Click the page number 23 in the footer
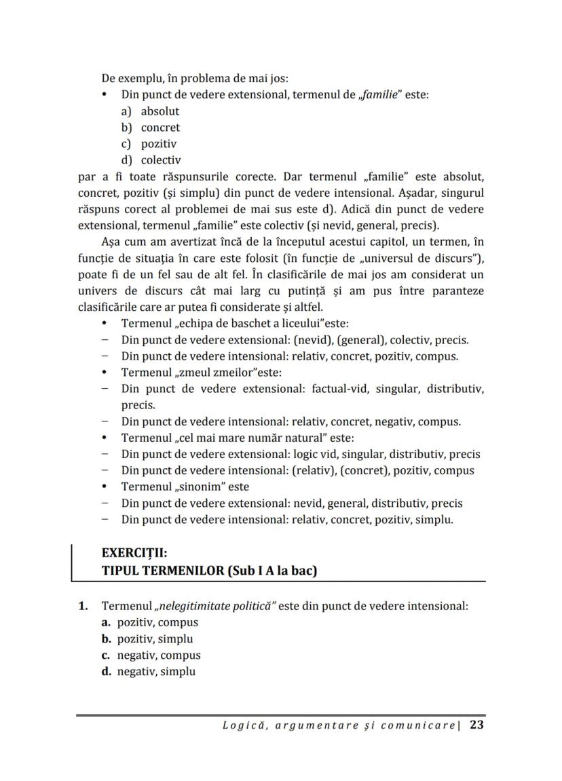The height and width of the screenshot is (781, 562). click(476, 725)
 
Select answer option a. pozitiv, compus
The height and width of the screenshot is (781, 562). click(150, 622)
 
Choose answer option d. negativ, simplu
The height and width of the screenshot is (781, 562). click(149, 672)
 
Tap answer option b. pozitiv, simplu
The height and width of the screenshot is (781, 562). click(147, 639)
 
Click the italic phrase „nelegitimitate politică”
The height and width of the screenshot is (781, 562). click(214, 605)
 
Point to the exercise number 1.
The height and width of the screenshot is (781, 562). click(82, 605)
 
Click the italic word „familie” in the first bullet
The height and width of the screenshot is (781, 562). click(379, 95)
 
